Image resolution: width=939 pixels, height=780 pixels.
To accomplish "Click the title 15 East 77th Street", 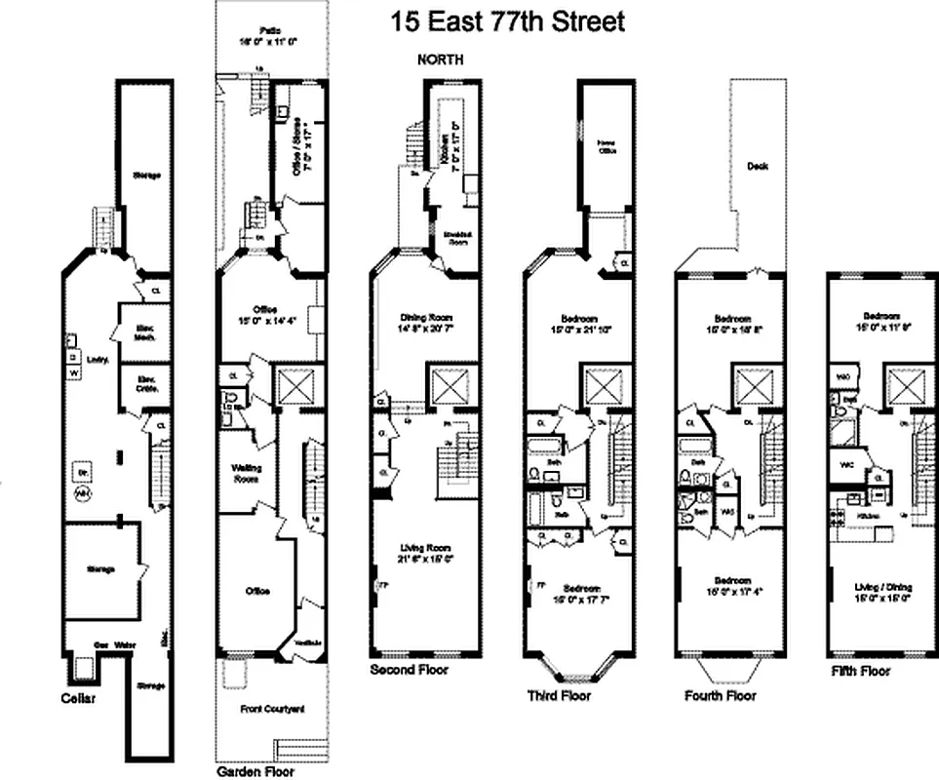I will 507,20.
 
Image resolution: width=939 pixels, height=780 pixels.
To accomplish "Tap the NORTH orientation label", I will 440,59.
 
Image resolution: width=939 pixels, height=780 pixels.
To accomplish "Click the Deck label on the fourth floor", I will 758,166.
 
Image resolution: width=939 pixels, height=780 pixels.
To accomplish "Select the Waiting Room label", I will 246,473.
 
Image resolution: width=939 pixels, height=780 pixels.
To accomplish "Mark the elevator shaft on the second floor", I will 451,387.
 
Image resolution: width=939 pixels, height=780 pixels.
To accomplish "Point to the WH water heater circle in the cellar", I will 83,493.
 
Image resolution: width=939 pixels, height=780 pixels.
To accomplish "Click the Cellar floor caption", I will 79,698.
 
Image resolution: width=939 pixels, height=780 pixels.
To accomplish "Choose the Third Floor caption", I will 560,695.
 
